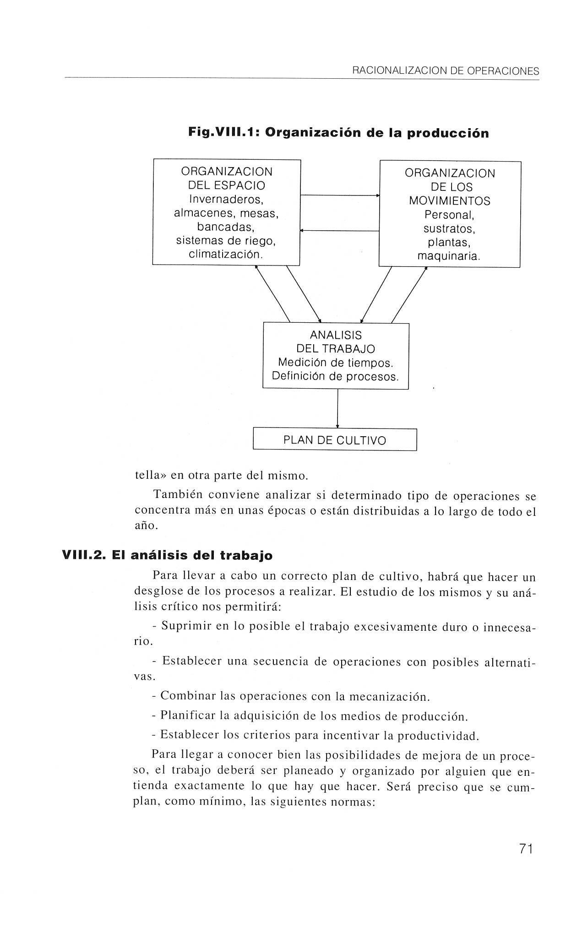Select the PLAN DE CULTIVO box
(x=335, y=440)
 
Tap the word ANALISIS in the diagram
(x=336, y=335)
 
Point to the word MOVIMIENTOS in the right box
(x=449, y=201)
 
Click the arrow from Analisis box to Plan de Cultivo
(x=337, y=408)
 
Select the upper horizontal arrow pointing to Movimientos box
(x=339, y=195)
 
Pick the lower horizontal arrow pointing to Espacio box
(x=339, y=231)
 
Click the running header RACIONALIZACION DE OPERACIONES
(x=445, y=71)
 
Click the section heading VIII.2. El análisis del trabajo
(x=167, y=555)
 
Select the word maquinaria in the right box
(x=449, y=256)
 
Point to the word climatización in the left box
(x=226, y=254)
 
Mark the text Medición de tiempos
(x=336, y=363)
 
